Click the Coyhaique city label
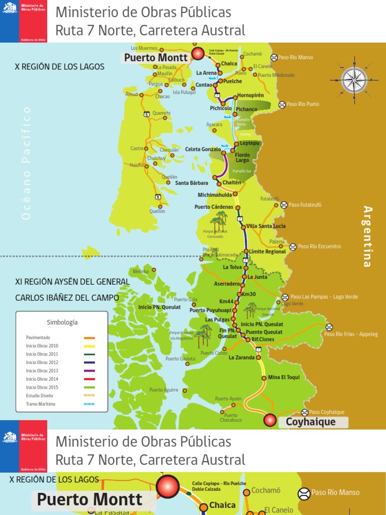(x=311, y=422)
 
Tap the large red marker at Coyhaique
(x=270, y=420)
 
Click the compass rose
(x=354, y=80)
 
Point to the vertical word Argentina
(x=368, y=236)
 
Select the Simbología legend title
(x=62, y=322)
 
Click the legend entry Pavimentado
(x=38, y=337)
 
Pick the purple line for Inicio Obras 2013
(x=89, y=371)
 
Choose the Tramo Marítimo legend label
(x=41, y=404)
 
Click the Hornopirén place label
(x=250, y=95)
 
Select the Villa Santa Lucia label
(x=266, y=226)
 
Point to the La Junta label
(x=257, y=277)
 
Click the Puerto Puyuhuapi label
(x=210, y=310)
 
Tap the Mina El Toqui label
(x=283, y=377)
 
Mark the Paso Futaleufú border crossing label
(x=305, y=205)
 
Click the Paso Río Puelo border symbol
(x=282, y=105)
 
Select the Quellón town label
(x=157, y=211)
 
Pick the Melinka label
(x=141, y=271)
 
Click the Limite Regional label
(x=267, y=251)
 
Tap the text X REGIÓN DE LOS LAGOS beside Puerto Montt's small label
(x=60, y=67)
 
